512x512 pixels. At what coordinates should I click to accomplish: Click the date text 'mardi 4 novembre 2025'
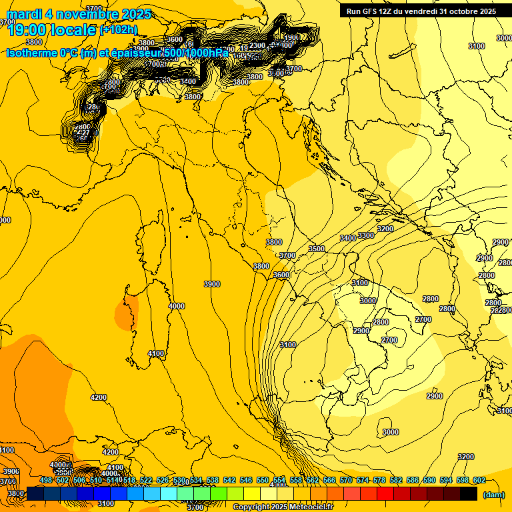pos(79,14)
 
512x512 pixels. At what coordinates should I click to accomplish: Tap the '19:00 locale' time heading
pos(52,29)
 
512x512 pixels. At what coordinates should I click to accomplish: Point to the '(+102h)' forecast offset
pos(119,29)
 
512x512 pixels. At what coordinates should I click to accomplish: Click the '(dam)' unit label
pos(493,495)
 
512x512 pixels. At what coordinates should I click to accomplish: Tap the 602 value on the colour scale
pos(479,480)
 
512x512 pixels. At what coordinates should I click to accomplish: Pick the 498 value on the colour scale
pos(46,480)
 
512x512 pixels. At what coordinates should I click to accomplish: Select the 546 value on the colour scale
pos(246,480)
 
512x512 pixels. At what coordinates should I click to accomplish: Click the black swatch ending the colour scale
pos(469,493)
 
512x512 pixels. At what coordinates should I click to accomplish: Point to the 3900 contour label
pos(212,284)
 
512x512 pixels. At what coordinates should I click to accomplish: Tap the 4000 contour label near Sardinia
pos(177,306)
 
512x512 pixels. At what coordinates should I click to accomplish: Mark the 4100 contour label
pos(156,353)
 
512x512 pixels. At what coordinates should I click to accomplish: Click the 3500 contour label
pos(317,249)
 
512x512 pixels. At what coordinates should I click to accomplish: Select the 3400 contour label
pos(348,238)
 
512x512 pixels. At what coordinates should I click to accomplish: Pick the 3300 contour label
pos(366,235)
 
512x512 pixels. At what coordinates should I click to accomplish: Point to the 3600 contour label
pos(281,275)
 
